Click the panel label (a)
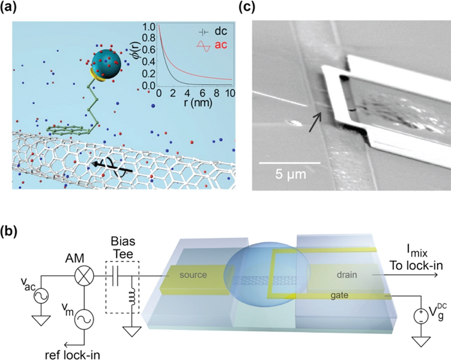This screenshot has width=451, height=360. coord(13,8)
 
